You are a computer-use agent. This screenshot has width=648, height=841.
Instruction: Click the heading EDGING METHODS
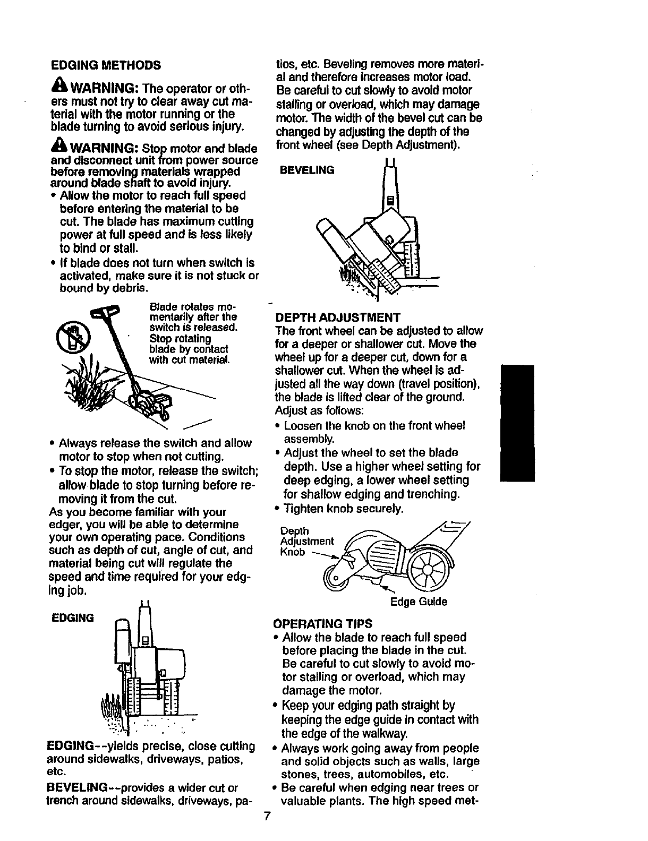click(106, 65)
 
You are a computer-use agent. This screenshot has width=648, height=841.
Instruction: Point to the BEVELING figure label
click(308, 170)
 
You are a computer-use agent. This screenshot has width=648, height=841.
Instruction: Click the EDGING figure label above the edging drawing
click(72, 617)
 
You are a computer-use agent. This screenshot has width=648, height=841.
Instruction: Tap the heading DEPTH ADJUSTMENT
click(337, 317)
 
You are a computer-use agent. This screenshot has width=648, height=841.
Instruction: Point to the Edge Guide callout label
click(419, 602)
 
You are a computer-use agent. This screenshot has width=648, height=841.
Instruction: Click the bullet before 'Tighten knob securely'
click(279, 509)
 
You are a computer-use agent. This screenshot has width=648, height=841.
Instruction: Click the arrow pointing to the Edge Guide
click(389, 589)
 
